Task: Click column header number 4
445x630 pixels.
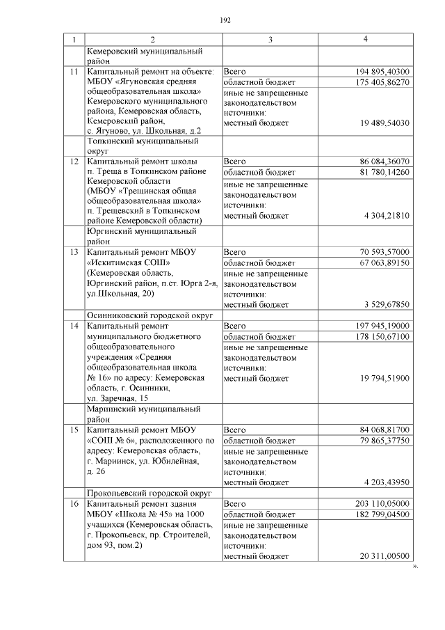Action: click(365, 40)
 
